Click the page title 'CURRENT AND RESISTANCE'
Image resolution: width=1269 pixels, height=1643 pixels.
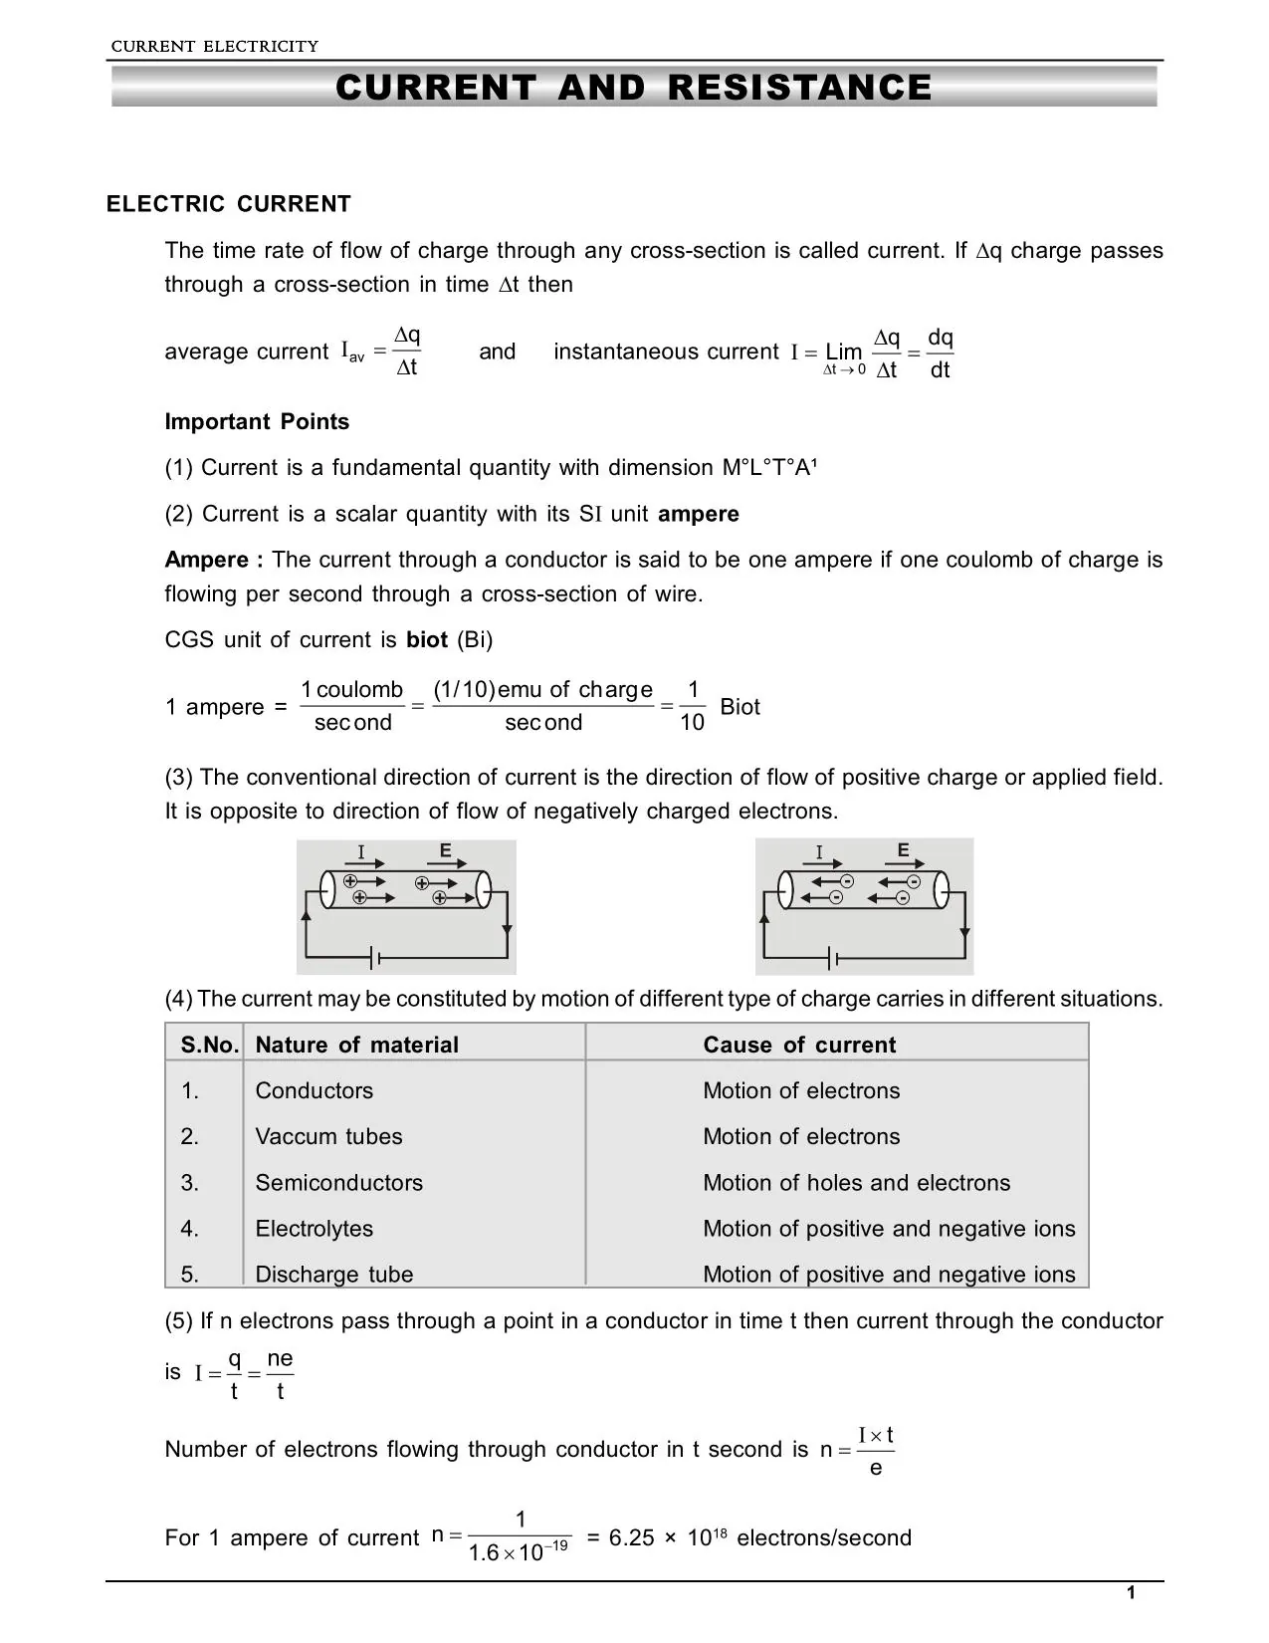(634, 88)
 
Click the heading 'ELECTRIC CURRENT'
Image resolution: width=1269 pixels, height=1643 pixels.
(229, 204)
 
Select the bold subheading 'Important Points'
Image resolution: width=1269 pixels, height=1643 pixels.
(257, 422)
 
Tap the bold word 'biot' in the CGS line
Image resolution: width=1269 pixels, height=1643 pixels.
(427, 640)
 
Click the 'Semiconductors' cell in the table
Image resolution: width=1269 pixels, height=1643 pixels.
(338, 1183)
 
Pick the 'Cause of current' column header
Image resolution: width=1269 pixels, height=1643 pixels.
(799, 1045)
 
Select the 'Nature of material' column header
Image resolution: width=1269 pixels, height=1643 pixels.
(356, 1045)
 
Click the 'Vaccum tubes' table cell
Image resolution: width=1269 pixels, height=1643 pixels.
(328, 1137)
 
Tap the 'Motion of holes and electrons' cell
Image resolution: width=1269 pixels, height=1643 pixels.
(856, 1183)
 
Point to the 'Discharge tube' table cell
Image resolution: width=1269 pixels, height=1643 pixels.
(333, 1275)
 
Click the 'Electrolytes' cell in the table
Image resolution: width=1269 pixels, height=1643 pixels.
(314, 1229)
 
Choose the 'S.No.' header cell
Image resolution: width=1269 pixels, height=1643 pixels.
(209, 1045)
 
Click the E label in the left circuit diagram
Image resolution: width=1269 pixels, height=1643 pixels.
(445, 850)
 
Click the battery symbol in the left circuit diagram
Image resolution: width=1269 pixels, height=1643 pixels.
(376, 959)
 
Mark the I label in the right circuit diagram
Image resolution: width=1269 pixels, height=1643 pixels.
(819, 852)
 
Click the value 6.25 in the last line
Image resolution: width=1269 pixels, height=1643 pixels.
(631, 1538)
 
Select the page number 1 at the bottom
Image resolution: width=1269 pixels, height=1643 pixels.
(1130, 1594)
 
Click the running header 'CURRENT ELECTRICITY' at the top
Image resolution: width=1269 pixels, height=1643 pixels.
(214, 46)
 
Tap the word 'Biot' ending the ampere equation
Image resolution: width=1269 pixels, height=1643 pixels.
(740, 707)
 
